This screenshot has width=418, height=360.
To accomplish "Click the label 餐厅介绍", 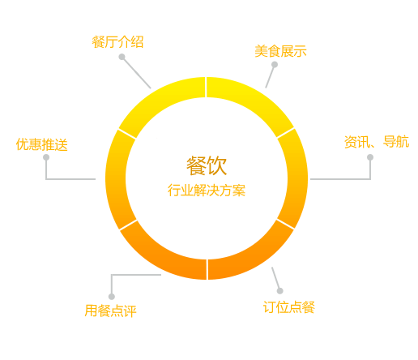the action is pyautogui.click(x=117, y=42).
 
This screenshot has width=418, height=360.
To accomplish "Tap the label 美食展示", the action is pyautogui.click(x=280, y=51).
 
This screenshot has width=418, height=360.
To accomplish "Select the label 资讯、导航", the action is pyautogui.click(x=377, y=142).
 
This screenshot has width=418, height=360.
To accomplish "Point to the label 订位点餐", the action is pyautogui.click(x=289, y=307).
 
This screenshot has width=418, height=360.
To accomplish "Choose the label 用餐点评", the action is pyautogui.click(x=110, y=311).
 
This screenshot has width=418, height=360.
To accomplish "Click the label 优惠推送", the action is pyautogui.click(x=41, y=144).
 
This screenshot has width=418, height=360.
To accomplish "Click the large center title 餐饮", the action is pyautogui.click(x=207, y=165).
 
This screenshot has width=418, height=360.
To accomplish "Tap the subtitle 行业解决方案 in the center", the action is pyautogui.click(x=207, y=191).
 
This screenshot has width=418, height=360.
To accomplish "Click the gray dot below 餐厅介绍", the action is pyautogui.click(x=122, y=57).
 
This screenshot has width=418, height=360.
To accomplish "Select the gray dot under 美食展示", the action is pyautogui.click(x=275, y=65).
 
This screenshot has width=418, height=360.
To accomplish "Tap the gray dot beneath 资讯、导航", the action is pyautogui.click(x=370, y=157).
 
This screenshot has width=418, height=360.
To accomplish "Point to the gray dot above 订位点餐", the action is pyautogui.click(x=280, y=291).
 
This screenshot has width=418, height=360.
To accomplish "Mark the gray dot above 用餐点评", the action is pyautogui.click(x=112, y=297).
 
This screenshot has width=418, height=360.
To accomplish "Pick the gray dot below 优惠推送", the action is pyautogui.click(x=46, y=157).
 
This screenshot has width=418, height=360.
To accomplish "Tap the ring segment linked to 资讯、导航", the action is pyautogui.click(x=297, y=178).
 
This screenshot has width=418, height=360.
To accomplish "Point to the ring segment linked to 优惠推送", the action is pyautogui.click(x=116, y=179).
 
